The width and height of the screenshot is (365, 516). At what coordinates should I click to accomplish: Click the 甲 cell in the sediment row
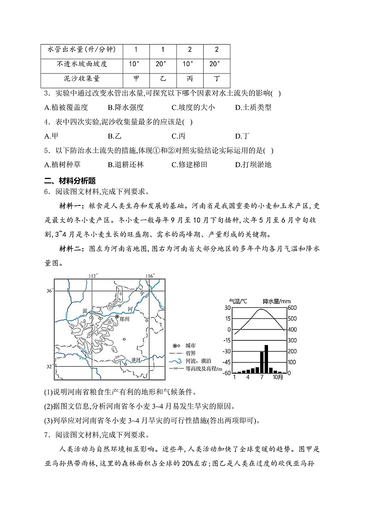[136, 78]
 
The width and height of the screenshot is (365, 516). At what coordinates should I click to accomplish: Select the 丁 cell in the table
[217, 78]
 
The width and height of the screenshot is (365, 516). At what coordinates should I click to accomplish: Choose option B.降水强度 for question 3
[126, 108]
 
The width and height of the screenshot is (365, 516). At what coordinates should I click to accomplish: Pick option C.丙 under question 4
[178, 136]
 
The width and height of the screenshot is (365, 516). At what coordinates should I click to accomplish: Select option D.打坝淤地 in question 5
[253, 164]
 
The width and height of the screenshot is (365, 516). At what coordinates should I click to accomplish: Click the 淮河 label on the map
[136, 360]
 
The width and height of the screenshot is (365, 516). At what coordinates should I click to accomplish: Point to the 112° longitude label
[93, 276]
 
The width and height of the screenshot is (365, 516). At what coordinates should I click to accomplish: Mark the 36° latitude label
[50, 290]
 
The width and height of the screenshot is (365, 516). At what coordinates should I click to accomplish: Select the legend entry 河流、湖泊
[198, 361]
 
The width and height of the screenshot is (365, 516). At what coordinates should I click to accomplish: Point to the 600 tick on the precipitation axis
[292, 308]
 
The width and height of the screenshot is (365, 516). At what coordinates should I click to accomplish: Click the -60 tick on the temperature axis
[227, 373]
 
